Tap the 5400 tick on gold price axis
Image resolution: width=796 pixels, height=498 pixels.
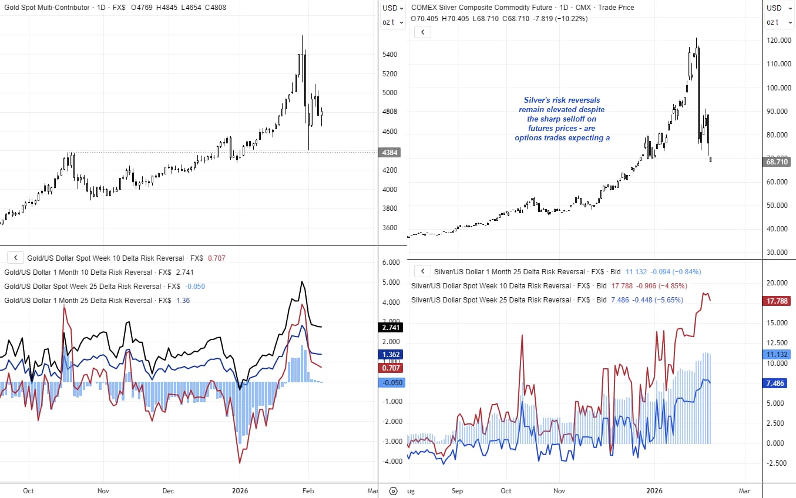point(390,55)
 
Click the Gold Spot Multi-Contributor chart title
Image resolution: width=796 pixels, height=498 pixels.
point(47,8)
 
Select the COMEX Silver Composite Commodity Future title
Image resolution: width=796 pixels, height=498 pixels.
point(482,8)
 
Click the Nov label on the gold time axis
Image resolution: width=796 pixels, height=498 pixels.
point(103,490)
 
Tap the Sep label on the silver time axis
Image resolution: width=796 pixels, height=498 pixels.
point(458,490)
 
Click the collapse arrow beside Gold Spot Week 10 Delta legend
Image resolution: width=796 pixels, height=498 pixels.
point(15,258)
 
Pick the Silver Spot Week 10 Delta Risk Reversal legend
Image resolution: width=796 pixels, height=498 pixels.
point(491,285)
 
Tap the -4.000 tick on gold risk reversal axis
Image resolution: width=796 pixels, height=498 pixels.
point(390,462)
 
